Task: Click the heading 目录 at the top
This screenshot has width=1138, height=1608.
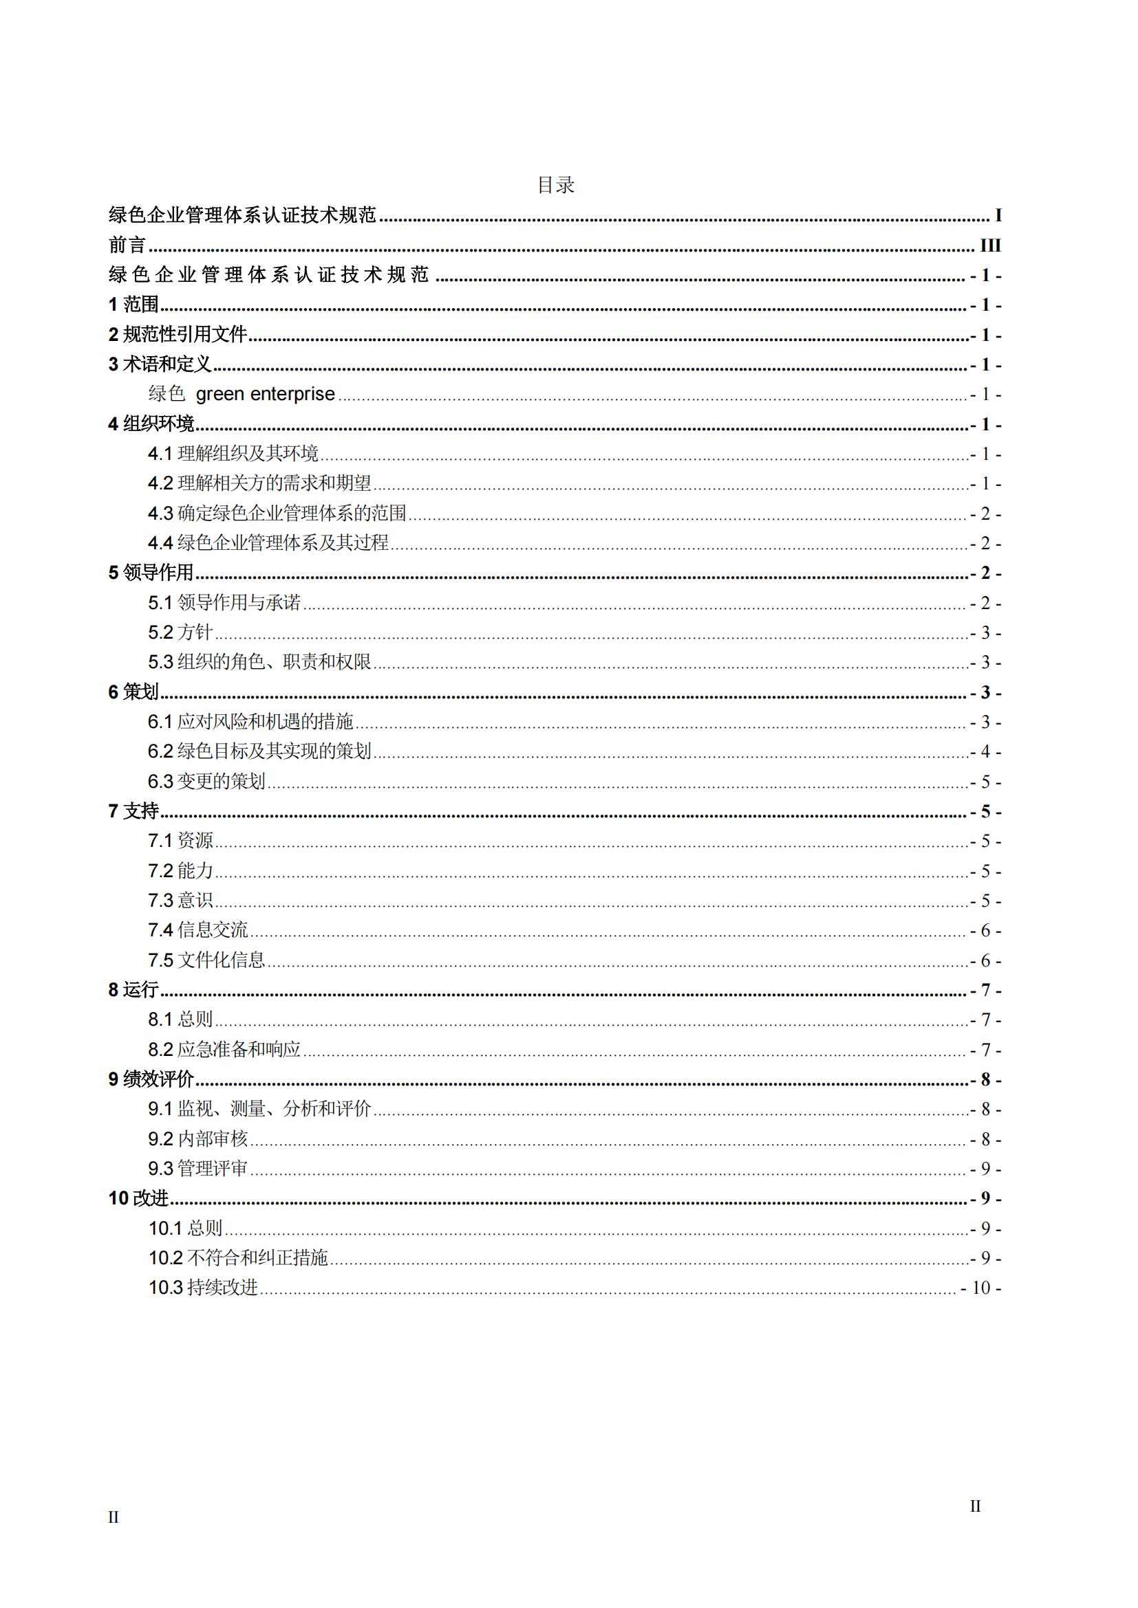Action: (x=556, y=185)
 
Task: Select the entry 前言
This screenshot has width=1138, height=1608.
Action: (x=127, y=245)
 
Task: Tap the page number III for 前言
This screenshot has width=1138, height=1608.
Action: (x=989, y=245)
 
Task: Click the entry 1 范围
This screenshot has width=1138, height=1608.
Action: (x=134, y=305)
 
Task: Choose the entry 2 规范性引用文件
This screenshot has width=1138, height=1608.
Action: (x=178, y=335)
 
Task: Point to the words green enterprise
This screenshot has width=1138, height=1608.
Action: (x=265, y=395)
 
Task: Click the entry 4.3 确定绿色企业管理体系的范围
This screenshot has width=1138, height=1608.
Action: (x=277, y=514)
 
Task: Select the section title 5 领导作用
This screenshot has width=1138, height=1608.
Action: (x=151, y=573)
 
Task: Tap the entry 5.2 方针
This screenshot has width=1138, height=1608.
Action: (x=180, y=632)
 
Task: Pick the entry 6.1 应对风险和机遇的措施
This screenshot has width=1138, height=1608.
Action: (x=250, y=721)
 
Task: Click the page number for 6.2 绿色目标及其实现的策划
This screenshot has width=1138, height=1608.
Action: (x=985, y=752)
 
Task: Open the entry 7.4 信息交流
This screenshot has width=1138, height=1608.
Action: (x=197, y=930)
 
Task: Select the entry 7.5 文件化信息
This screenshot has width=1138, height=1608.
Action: (x=206, y=960)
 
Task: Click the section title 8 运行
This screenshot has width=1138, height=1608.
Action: (x=133, y=989)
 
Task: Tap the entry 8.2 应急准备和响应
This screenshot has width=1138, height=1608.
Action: (x=224, y=1049)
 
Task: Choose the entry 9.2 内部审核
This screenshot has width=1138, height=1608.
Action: (x=197, y=1138)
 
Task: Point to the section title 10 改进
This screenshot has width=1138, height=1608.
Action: (x=139, y=1198)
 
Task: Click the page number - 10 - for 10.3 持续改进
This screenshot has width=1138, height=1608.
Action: (x=981, y=1288)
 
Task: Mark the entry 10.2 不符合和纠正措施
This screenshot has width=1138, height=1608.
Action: (x=238, y=1258)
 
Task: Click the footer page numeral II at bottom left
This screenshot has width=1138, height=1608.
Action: (x=114, y=1518)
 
